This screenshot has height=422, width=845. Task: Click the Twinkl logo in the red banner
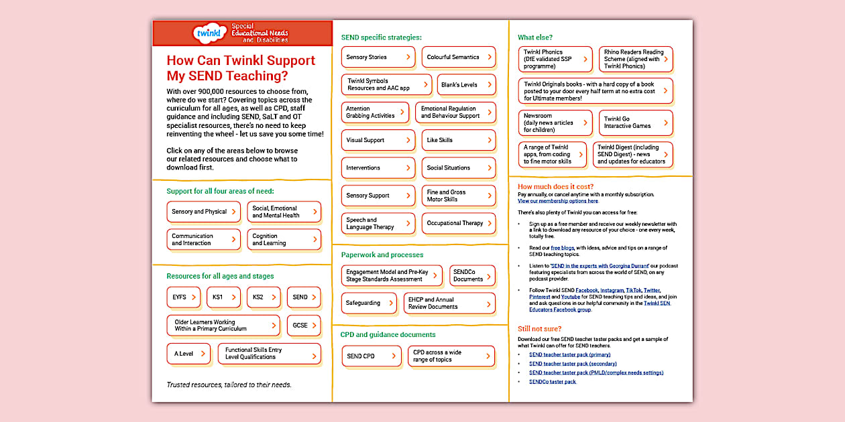pos(207,32)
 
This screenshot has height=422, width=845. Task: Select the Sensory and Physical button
pos(203,212)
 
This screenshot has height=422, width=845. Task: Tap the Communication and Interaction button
pos(203,240)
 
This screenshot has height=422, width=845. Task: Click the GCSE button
pos(303,326)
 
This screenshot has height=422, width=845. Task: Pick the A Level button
pos(188,354)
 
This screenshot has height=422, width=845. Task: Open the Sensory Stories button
pos(378,58)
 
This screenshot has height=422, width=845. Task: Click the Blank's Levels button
pos(465,85)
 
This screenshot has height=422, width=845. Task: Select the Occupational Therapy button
pos(458,223)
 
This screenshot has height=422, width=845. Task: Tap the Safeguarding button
pos(368,303)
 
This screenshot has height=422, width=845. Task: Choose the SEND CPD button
pos(371,356)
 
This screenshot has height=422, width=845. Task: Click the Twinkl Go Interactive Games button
pos(635,123)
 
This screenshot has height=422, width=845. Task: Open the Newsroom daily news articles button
pos(555,123)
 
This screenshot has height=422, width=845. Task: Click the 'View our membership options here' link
pos(558,201)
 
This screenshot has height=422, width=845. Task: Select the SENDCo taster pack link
pos(553,382)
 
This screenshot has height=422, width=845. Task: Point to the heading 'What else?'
pos(535,38)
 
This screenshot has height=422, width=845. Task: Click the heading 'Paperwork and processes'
pos(382,255)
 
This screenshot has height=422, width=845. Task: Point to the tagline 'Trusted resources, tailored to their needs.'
pos(229,385)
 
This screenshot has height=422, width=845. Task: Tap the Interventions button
pos(378,168)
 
